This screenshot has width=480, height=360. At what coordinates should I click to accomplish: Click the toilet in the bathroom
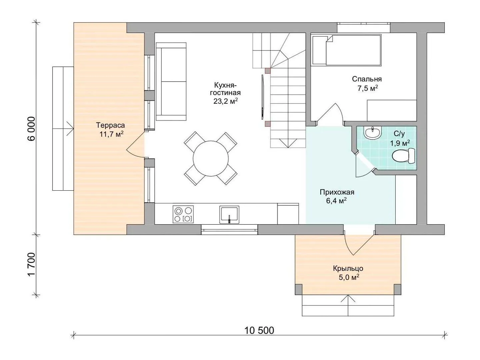coord(404,156)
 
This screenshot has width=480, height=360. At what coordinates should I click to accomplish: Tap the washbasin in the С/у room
coord(372,133)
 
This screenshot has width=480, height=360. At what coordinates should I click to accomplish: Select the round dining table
coord(211,158)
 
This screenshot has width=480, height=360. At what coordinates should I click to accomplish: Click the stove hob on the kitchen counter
coord(183,214)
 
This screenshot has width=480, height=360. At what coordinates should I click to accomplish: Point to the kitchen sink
coord(229,214)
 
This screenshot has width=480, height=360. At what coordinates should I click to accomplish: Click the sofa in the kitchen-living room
coord(171,82)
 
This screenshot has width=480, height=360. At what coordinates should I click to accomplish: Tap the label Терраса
coord(110,125)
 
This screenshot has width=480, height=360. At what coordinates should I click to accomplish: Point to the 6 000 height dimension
coord(31,129)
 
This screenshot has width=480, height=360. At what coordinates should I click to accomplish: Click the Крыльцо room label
coord(348,268)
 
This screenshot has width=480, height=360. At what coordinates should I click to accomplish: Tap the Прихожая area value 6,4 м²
coord(336,201)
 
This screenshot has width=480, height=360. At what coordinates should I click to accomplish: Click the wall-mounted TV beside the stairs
coord(263,97)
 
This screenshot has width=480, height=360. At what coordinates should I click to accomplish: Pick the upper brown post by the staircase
coord(268,71)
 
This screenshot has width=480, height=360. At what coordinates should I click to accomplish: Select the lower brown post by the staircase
coord(268,124)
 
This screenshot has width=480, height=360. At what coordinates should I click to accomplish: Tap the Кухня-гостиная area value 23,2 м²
coord(226,102)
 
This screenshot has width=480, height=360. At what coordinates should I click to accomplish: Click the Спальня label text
coord(367,79)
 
